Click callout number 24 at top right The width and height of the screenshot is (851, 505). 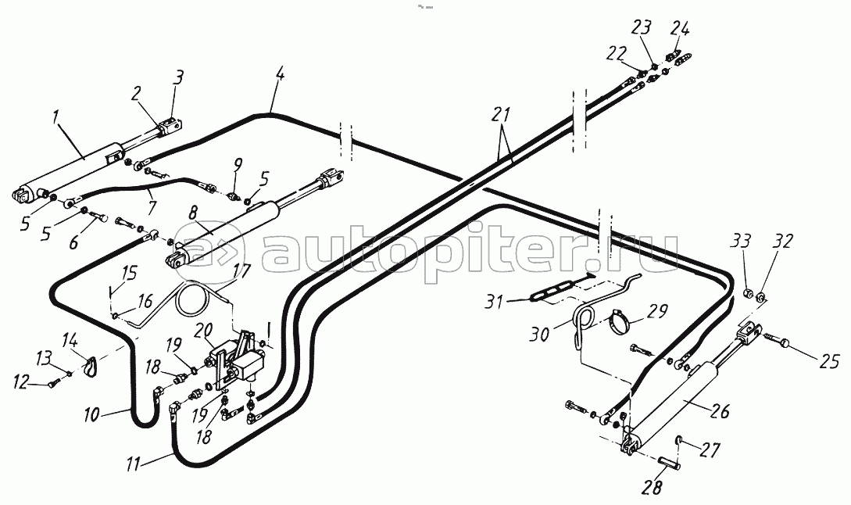(679, 30)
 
